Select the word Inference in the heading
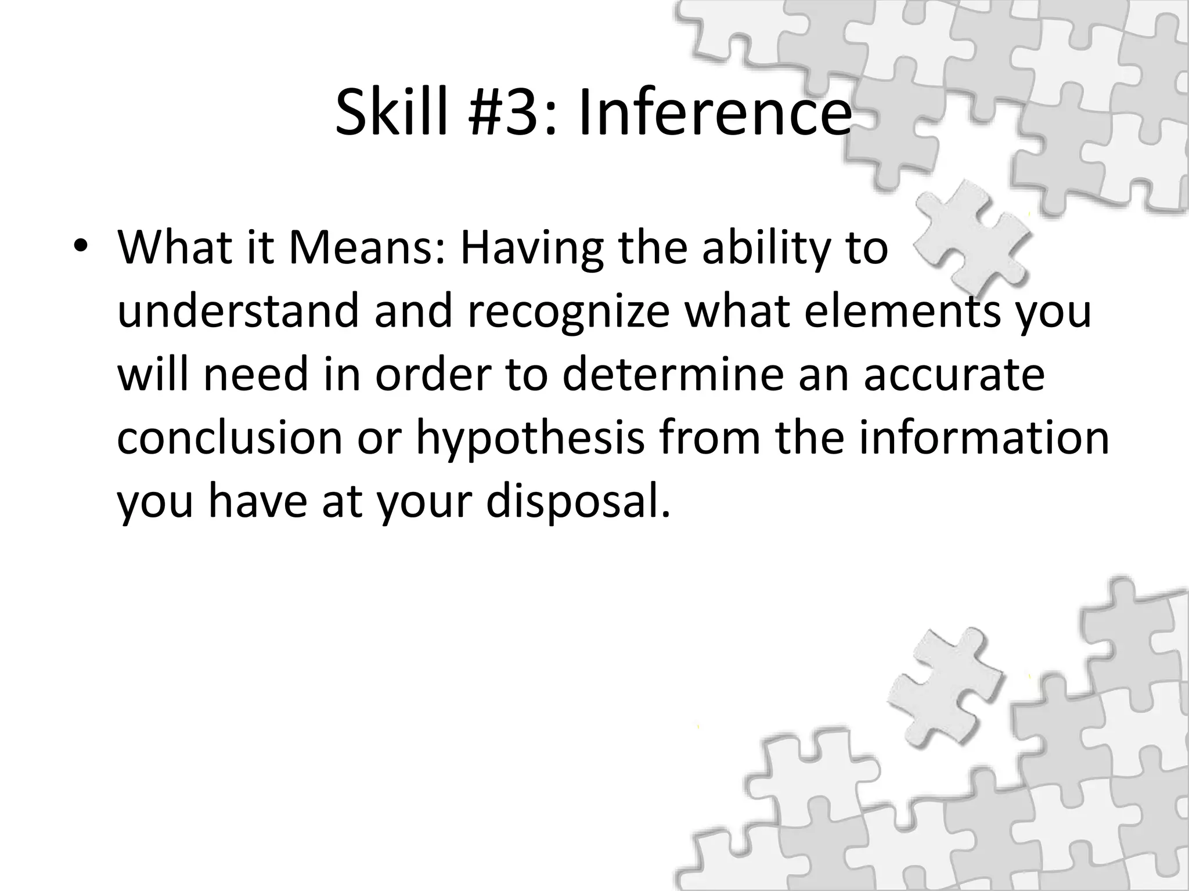tap(715, 113)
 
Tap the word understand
tap(239, 311)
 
